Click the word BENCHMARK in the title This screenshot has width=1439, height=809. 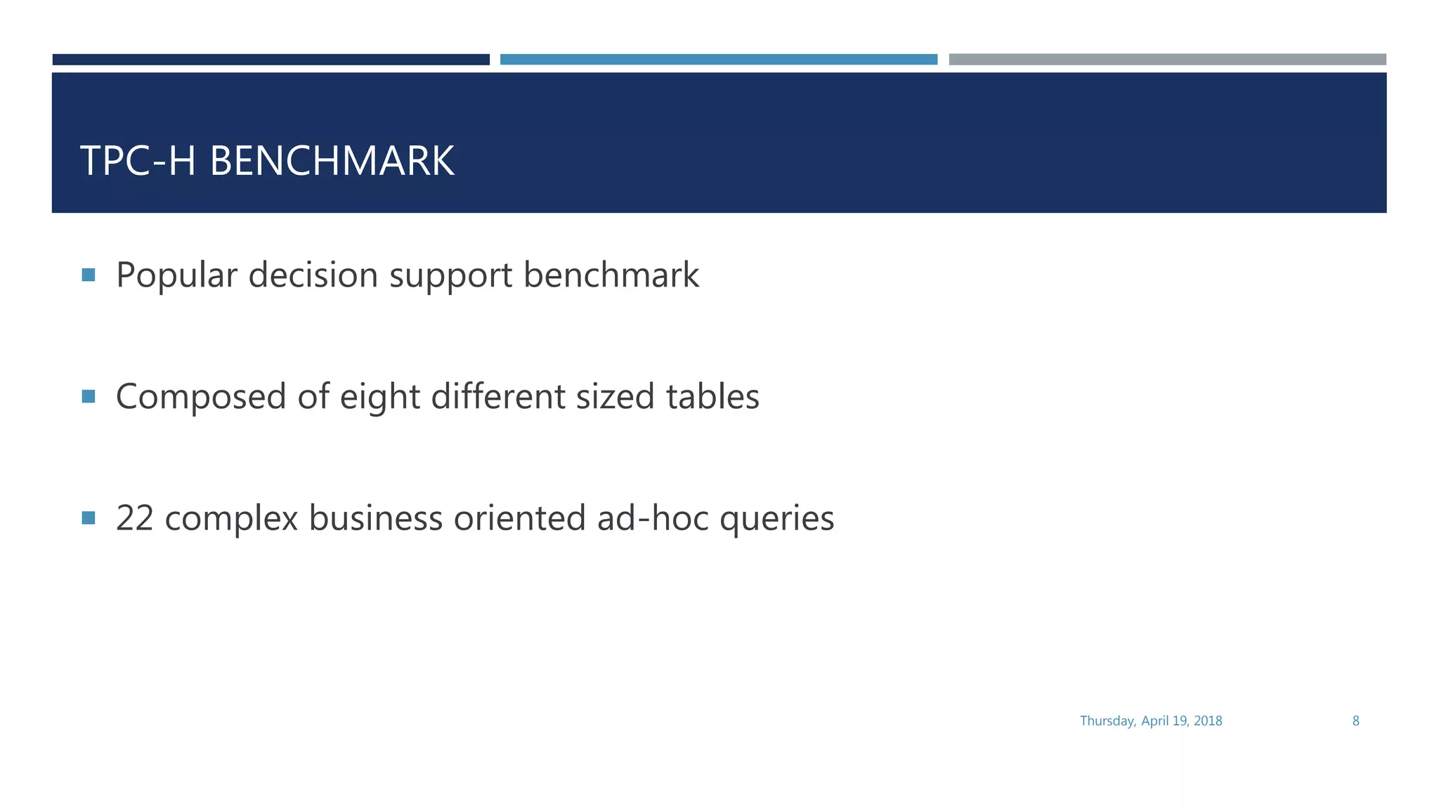point(332,161)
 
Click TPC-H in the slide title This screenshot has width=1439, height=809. point(138,161)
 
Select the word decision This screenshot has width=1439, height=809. point(313,275)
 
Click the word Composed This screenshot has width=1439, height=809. point(201,397)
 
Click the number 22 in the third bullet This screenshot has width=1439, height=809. point(135,518)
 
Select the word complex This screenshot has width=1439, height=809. point(232,520)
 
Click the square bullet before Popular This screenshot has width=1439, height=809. point(89,275)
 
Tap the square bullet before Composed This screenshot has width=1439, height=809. point(89,397)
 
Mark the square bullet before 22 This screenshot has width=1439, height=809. point(89,518)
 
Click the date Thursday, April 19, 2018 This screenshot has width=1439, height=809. point(1151,721)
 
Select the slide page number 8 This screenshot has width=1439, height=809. point(1356,721)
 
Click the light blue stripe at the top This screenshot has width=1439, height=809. point(719,60)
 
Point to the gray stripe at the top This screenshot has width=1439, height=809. point(1167,60)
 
